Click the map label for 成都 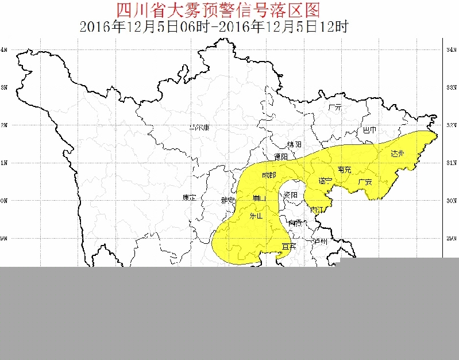point(269,175)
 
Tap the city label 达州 point(398,154)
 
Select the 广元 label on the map point(335,108)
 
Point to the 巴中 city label point(370,131)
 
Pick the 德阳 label point(280,156)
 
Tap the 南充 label point(345,170)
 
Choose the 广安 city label point(365,182)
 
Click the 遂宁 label point(325,181)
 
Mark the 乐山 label point(256,216)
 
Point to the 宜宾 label point(288,247)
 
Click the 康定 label point(189,198)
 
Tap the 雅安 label point(228,200)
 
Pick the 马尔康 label point(199,128)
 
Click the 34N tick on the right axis point(451,50)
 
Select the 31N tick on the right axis point(451,163)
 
